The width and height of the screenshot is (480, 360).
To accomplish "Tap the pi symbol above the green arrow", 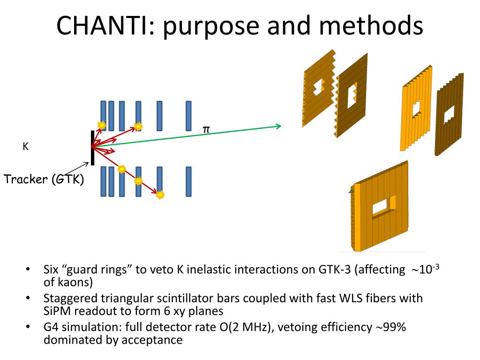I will point(206,129).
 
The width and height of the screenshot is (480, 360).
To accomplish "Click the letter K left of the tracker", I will point(26,146).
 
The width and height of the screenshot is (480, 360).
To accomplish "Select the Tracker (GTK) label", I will point(44,179).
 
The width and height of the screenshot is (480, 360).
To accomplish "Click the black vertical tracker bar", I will point(93,148).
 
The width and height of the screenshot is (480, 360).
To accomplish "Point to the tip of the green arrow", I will point(280,126).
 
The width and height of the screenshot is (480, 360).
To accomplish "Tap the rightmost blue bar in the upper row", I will point(188,115).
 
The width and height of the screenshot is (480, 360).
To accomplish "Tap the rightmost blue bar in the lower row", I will point(188,181).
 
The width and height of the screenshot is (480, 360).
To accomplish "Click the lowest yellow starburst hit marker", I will point(160,194).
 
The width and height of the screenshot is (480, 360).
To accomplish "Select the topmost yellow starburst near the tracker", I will point(101,125).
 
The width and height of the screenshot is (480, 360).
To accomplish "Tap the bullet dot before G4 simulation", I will point(29,327).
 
